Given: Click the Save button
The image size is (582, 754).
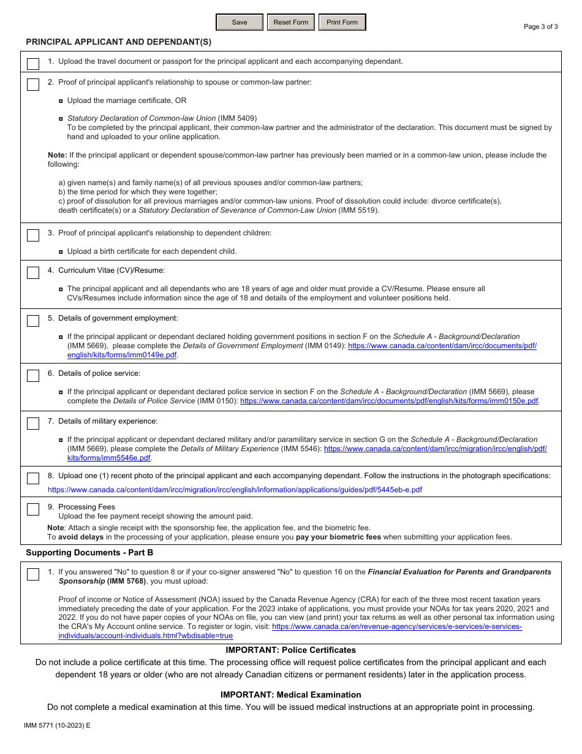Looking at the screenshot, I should (x=240, y=23).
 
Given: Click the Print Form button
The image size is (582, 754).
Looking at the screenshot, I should (x=342, y=23).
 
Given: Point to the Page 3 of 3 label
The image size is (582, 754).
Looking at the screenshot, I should (x=540, y=26).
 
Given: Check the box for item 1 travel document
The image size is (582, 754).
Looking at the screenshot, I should (x=33, y=64).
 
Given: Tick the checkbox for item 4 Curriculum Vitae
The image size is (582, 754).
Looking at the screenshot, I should (x=33, y=273).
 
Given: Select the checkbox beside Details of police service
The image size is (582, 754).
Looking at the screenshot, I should (x=33, y=376).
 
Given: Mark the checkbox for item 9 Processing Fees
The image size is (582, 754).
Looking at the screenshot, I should (x=33, y=509).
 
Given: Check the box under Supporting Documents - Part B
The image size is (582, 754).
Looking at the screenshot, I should (x=33, y=574).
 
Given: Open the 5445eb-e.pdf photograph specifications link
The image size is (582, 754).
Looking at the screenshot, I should (x=235, y=490).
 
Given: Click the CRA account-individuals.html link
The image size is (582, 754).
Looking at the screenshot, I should (x=146, y=636).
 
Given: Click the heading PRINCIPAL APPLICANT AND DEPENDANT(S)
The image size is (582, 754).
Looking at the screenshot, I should (x=118, y=42).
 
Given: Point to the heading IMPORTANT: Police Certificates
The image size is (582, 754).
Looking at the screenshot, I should (x=290, y=650).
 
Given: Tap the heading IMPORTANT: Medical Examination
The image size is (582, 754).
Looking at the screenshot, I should (x=290, y=695).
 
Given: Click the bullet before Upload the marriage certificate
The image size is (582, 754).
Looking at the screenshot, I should (x=61, y=101).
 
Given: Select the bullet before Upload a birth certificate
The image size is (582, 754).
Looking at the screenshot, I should (x=61, y=251).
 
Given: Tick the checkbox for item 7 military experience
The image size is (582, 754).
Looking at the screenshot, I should (x=33, y=424).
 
